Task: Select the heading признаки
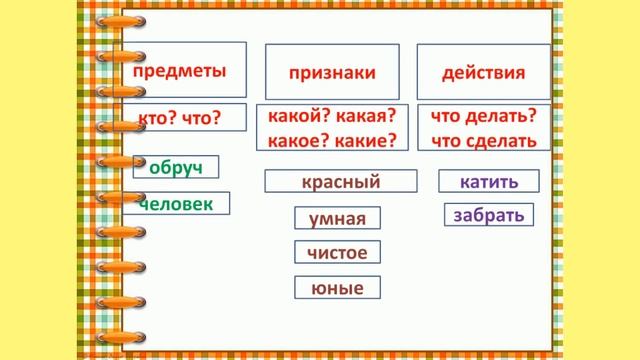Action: pos(332,73)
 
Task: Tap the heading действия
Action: pos(483,73)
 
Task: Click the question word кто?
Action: pos(158,117)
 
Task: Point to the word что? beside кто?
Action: pos(202,117)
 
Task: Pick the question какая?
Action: pos(366,116)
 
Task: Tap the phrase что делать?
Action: pos(483,116)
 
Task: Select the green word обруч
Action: pos(175,167)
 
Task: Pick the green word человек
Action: pos(176,204)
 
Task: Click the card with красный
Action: pos(341,181)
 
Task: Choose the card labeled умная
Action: pos(337,219)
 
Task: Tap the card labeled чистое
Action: pos(337,253)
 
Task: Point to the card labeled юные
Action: pos(337,288)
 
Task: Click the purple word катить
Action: pos(488,181)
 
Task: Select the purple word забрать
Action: pos(488,214)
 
